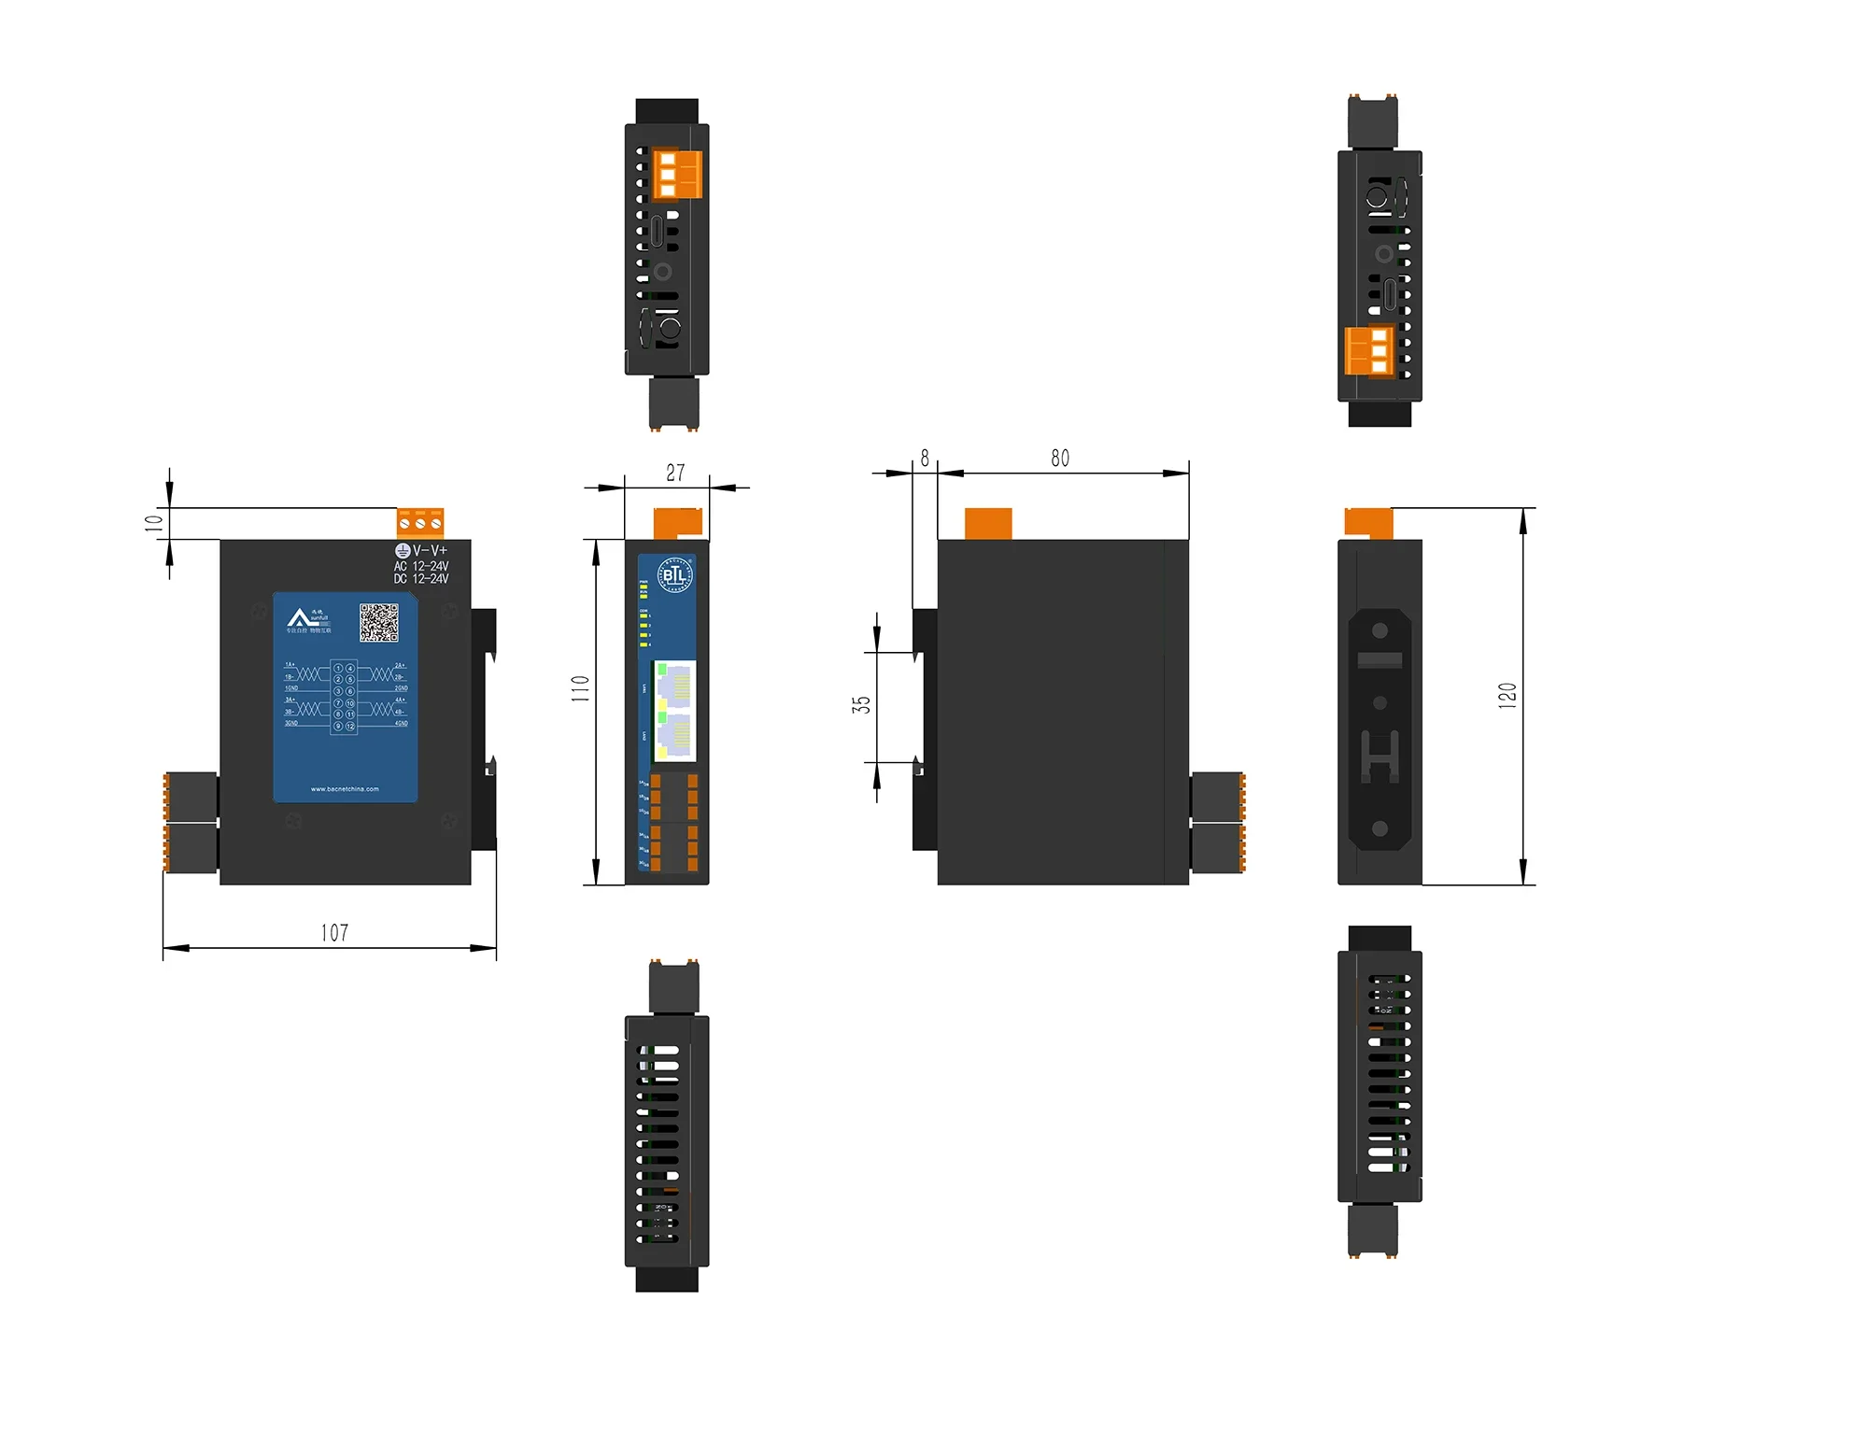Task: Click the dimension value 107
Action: click(334, 933)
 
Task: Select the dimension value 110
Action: click(580, 689)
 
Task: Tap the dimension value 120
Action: click(1507, 696)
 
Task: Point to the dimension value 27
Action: click(675, 473)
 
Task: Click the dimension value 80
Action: click(1060, 459)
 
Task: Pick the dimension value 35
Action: click(861, 705)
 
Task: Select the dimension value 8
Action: click(925, 458)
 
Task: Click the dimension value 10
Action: click(154, 523)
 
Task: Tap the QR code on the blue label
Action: click(379, 622)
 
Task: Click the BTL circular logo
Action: click(674, 574)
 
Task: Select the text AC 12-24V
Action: click(421, 566)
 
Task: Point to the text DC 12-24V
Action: click(421, 579)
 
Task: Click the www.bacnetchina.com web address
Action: click(345, 789)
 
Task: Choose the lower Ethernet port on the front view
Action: click(674, 736)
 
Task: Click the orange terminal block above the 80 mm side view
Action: click(988, 524)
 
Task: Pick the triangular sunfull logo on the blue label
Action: click(299, 618)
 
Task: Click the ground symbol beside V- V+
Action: click(403, 551)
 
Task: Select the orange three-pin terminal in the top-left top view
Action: click(676, 175)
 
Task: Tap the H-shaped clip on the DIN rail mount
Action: click(1380, 754)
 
